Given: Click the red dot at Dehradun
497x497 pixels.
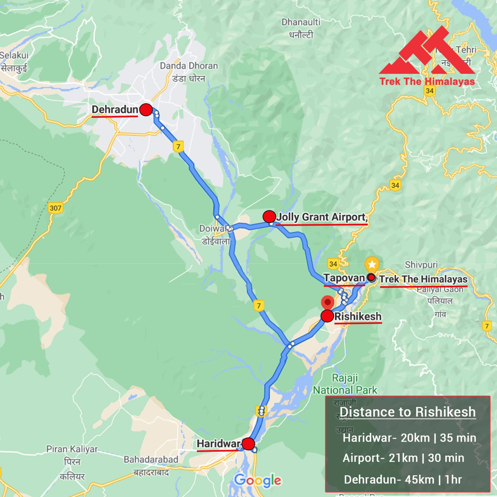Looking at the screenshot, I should pos(146,110).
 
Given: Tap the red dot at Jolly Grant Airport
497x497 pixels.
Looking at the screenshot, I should pos(269,216).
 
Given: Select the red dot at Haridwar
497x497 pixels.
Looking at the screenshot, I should pos(248,444).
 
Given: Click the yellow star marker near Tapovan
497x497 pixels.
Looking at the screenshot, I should pos(372,265).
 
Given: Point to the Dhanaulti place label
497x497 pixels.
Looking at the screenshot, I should pos(300,22).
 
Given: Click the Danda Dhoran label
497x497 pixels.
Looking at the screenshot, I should pos(189,66).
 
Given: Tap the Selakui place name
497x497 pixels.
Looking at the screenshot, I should pos(14,55).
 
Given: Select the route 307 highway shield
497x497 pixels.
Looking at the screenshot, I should pos(55,208).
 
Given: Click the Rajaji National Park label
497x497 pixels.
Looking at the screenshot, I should pos(345,384).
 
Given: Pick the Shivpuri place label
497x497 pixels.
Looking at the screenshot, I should pos(421,265).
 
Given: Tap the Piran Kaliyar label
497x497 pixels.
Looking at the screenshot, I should pos(72,449).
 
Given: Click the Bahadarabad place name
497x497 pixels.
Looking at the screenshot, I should pos(151,459).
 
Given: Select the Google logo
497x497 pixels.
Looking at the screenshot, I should pos(258,480).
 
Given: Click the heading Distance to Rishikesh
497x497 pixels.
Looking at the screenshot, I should pos(408,412).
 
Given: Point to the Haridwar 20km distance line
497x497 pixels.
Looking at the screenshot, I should pos(409,438).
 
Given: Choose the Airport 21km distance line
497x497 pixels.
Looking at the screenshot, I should pos(403,458).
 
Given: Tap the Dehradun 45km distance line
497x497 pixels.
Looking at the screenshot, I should pos(403,480).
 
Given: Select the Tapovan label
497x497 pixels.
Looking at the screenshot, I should pos(344,278).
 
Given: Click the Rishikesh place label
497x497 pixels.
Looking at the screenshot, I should pos(358,316).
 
